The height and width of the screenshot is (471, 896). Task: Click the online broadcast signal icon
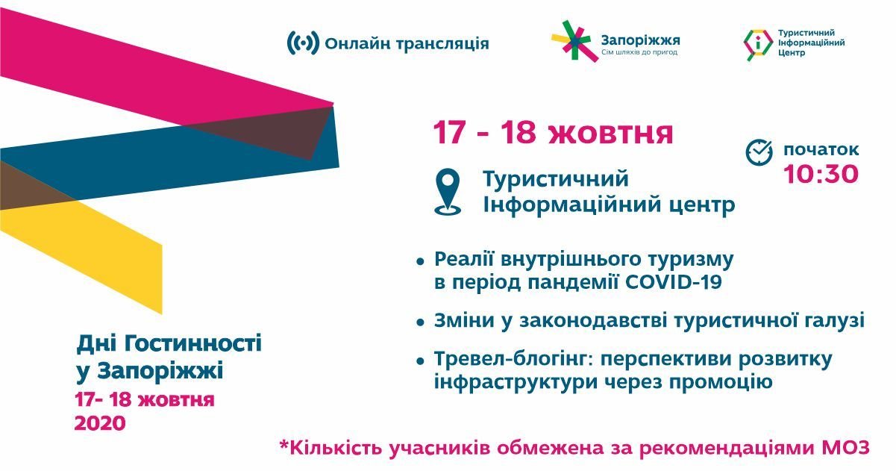(303, 43)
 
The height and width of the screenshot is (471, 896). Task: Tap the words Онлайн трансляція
(407, 43)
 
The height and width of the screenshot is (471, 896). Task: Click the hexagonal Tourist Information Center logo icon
(758, 44)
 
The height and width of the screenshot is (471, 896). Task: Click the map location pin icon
(448, 192)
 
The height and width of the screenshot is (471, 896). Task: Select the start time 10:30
(821, 174)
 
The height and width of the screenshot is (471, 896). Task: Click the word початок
(821, 149)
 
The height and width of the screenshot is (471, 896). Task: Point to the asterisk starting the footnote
(283, 447)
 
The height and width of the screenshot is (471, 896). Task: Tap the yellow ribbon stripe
(97, 246)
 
